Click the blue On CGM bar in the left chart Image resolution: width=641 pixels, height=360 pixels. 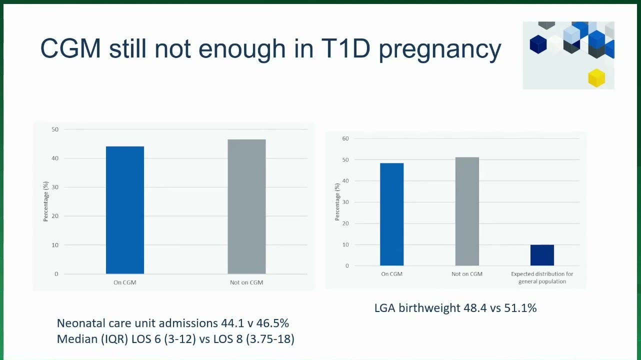[x=125, y=210]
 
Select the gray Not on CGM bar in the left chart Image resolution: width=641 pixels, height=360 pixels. [x=246, y=206]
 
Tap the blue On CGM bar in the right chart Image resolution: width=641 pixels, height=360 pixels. [x=392, y=214]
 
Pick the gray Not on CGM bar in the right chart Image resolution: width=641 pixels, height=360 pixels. [x=467, y=211]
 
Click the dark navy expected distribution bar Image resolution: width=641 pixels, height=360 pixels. [x=542, y=255]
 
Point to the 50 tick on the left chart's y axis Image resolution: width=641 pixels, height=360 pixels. [x=55, y=129]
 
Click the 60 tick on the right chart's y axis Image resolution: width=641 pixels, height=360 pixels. [x=345, y=138]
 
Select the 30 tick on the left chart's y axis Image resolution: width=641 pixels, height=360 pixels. [x=55, y=187]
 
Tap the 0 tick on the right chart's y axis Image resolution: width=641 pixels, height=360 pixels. [x=347, y=266]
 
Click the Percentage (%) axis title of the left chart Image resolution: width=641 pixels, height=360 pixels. [x=46, y=201]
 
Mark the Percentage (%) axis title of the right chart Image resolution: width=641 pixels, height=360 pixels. [x=337, y=201]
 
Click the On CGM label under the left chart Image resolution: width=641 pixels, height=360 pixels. [x=125, y=282]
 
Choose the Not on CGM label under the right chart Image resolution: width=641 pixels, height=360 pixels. [x=467, y=274]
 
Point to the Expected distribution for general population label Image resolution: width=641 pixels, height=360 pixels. [x=542, y=277]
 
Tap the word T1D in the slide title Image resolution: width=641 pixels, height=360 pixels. [x=345, y=48]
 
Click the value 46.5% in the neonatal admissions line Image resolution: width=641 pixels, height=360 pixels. [x=272, y=323]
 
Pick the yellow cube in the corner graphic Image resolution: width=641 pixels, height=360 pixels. [x=596, y=78]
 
